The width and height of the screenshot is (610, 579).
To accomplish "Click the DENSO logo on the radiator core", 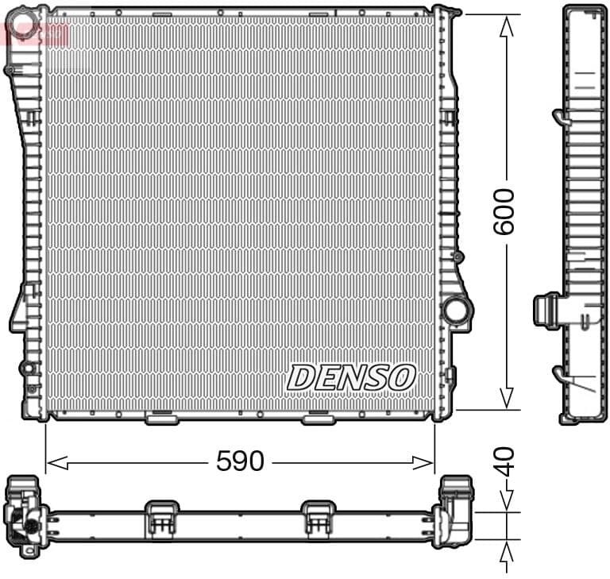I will [351, 377].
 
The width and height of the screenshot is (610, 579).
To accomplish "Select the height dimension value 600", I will [504, 211].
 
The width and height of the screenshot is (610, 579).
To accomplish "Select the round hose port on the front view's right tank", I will [456, 309].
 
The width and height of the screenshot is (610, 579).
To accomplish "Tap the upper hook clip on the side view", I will [560, 118].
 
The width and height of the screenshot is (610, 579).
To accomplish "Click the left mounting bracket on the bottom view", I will [161, 517].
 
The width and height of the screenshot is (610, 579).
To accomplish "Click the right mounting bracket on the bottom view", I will [318, 517].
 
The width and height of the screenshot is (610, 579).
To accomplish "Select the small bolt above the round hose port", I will [457, 257].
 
